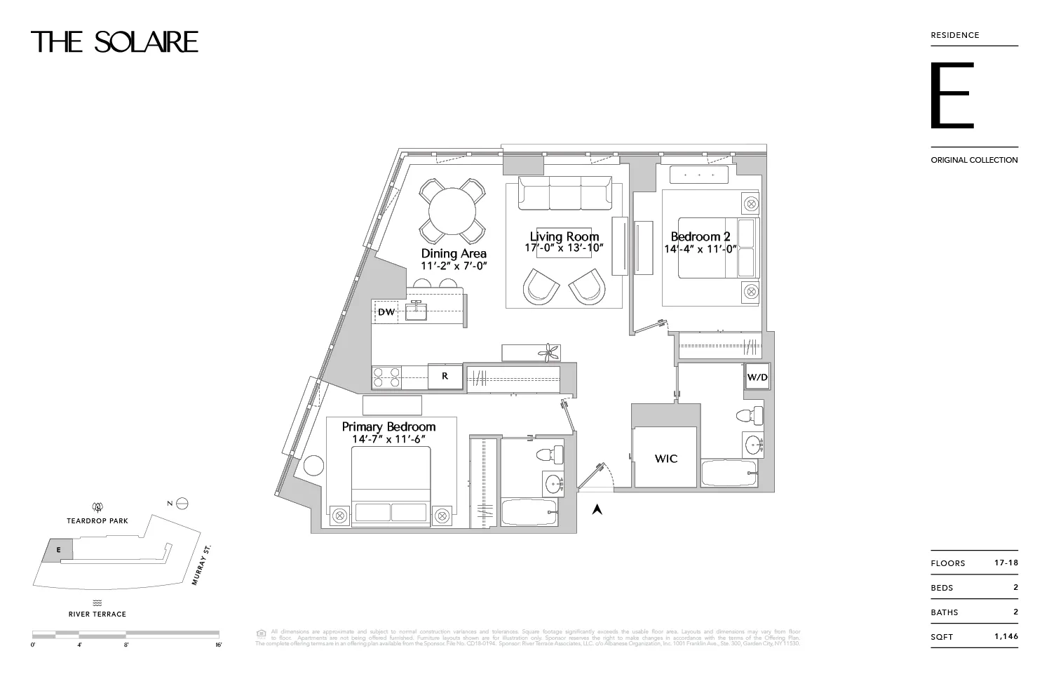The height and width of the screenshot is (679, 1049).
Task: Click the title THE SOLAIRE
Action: [x=114, y=42]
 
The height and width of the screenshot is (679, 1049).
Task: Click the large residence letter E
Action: [x=952, y=95]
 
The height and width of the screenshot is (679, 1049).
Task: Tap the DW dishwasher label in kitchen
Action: [x=386, y=311]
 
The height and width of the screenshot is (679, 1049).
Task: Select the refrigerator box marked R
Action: [x=445, y=376]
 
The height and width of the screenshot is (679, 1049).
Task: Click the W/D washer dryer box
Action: [x=757, y=377]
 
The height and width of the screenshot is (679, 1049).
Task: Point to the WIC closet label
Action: [x=665, y=458]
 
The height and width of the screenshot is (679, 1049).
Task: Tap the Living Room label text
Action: [x=564, y=236]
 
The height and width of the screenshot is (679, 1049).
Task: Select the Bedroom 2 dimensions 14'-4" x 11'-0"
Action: [x=700, y=249]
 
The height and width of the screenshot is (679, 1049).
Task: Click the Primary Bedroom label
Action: [x=388, y=426]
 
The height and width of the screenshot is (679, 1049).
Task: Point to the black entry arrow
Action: [x=597, y=510]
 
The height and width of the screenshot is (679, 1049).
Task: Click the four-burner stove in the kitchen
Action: [x=386, y=377]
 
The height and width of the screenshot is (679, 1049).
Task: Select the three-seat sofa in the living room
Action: [x=564, y=193]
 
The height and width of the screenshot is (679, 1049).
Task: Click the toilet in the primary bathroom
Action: [x=550, y=454]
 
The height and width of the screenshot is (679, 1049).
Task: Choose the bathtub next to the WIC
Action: [x=729, y=473]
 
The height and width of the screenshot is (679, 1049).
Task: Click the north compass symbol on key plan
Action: [x=182, y=503]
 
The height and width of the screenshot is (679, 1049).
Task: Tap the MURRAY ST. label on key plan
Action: [x=203, y=565]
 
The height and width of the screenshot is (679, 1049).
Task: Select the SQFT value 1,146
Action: [x=1006, y=636]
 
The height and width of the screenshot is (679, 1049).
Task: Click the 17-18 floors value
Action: [x=1006, y=563]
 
